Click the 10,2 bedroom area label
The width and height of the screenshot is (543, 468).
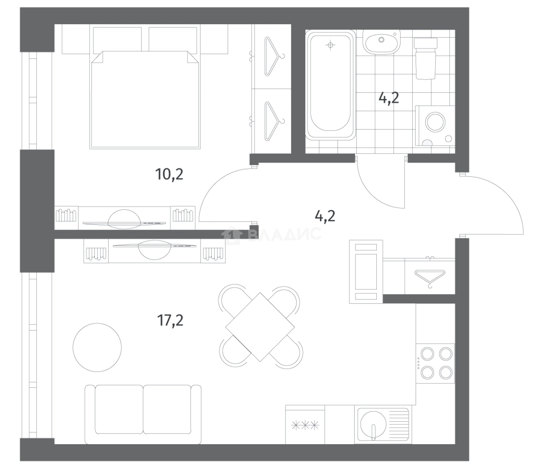[x=169, y=174]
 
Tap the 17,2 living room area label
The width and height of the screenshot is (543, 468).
[x=170, y=320]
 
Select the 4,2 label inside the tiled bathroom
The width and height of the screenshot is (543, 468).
[x=389, y=98]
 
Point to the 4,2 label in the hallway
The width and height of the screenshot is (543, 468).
[x=325, y=216]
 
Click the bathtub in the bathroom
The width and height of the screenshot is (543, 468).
[x=330, y=85]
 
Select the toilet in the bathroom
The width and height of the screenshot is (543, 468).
[x=426, y=58]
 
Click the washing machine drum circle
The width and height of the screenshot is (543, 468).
[x=436, y=122]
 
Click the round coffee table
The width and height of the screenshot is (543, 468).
[x=97, y=348]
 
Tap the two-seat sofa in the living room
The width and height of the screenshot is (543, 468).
[x=143, y=415]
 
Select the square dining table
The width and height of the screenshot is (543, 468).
[x=260, y=327]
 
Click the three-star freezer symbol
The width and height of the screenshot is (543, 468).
[x=305, y=425]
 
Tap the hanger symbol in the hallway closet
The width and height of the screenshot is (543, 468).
[x=430, y=278]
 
